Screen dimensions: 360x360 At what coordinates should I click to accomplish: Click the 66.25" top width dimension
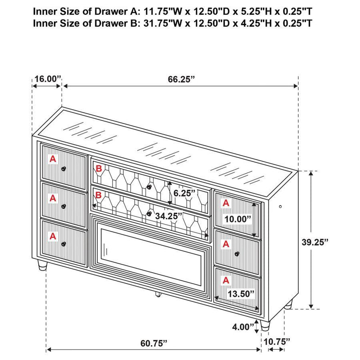(x=181, y=79)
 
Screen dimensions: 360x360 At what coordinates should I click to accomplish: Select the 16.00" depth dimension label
(x=47, y=79)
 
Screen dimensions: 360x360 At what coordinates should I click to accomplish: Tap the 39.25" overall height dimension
(x=315, y=241)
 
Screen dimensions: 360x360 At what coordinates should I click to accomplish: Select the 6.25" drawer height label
(x=184, y=193)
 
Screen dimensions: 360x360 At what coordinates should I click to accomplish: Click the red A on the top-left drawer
(x=53, y=159)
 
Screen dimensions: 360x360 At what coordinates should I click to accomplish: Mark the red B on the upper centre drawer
(x=99, y=169)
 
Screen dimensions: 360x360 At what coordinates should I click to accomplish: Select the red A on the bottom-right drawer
(x=226, y=279)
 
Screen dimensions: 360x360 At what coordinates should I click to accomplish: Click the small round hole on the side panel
(x=280, y=207)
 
